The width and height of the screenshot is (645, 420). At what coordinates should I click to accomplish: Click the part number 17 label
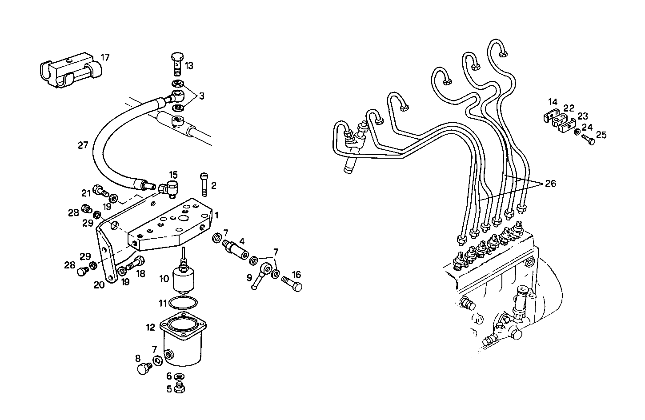[105, 57]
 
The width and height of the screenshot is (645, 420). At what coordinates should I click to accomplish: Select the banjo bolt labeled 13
[177, 64]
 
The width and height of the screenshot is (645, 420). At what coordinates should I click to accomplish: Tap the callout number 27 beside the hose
[83, 145]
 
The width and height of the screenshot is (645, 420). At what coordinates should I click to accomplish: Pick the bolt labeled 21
[100, 192]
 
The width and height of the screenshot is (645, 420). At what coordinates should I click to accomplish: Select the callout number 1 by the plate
[216, 216]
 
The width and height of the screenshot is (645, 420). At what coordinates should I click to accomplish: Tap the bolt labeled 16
[291, 283]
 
